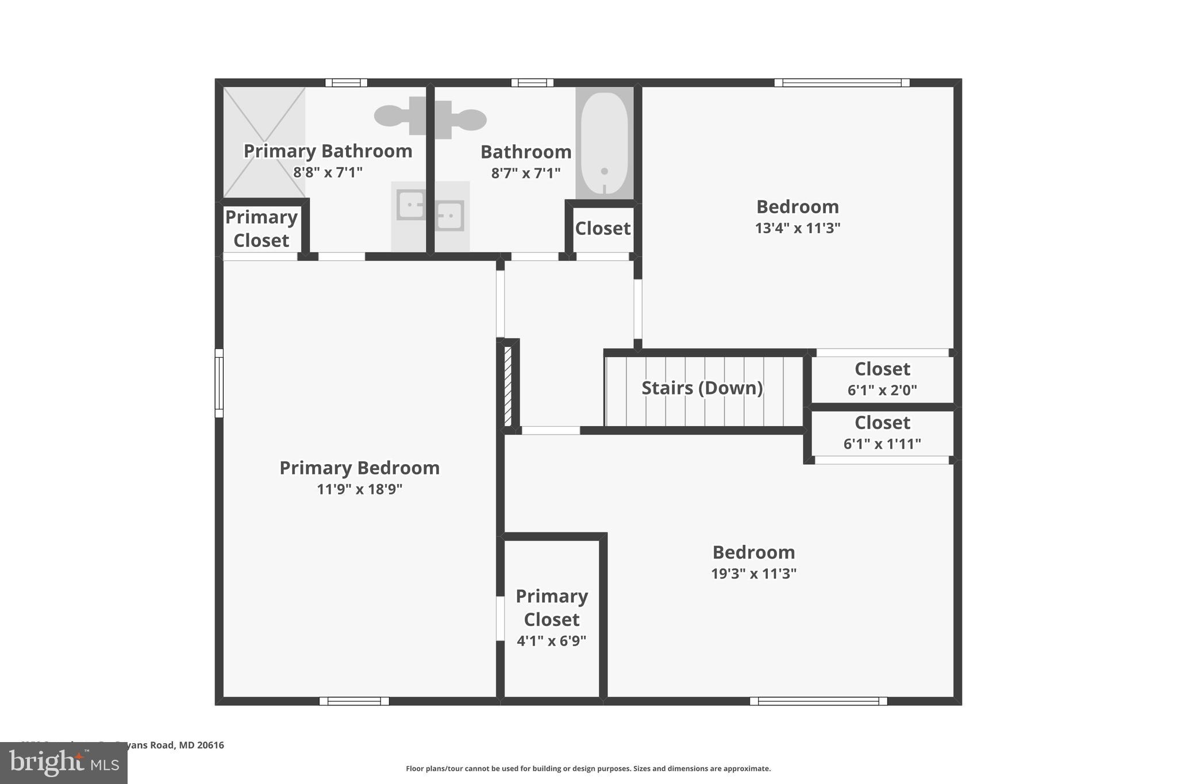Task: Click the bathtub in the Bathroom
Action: [604, 143]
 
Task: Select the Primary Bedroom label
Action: [359, 468]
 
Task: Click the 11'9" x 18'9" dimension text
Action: [359, 489]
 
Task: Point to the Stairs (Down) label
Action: [702, 388]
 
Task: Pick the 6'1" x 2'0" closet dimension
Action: [882, 391]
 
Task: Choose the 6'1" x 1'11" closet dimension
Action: [882, 444]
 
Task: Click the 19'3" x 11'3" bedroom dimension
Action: [753, 574]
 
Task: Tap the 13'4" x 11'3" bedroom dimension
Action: [797, 229]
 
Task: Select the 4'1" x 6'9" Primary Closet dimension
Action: [551, 641]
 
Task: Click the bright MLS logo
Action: [64, 763]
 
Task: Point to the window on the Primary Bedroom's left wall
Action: [219, 383]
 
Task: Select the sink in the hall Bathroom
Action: [449, 215]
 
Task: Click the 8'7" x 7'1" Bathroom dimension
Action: [525, 173]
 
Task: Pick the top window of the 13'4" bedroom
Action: [841, 83]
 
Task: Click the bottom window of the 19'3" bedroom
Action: [818, 701]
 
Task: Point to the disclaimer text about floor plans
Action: [588, 768]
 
